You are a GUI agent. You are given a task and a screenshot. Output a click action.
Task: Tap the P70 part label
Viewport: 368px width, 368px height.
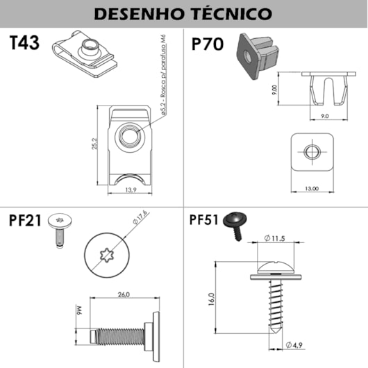(206, 44)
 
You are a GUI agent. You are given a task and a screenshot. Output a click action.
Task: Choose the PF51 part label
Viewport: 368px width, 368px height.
(204, 220)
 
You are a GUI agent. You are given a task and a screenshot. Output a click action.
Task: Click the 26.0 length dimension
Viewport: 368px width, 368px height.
(123, 294)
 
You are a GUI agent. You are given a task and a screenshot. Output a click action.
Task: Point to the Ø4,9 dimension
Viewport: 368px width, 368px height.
(294, 345)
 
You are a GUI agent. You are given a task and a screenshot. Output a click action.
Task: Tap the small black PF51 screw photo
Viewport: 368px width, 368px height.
(236, 224)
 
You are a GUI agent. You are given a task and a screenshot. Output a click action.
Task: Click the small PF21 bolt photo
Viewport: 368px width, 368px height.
(60, 227)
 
